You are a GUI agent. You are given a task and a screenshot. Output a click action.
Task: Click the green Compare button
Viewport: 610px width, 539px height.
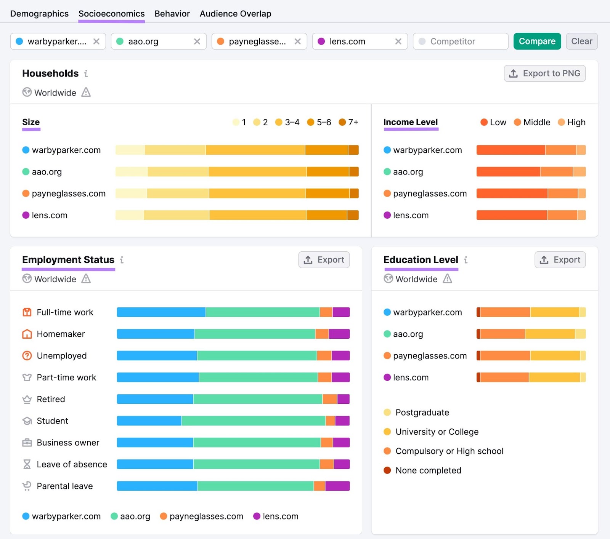pos(537,41)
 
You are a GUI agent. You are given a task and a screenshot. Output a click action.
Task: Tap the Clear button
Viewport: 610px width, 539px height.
pos(581,41)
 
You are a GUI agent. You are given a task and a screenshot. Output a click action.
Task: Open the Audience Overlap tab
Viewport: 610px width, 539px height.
pos(235,14)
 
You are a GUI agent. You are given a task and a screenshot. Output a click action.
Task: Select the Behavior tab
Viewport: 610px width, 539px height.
pos(172,14)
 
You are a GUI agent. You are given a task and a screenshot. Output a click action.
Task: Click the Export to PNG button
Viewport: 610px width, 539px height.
pos(544,73)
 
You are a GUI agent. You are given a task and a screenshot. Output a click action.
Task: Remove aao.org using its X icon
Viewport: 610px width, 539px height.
pos(197,42)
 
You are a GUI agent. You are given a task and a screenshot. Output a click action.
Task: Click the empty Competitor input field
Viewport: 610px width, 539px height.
pos(460,42)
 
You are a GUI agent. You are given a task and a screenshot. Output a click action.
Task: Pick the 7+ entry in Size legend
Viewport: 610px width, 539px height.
pos(348,122)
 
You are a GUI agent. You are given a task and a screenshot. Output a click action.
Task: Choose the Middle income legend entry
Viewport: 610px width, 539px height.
pos(532,122)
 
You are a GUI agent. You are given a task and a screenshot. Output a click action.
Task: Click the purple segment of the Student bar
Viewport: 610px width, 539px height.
pos(342,421)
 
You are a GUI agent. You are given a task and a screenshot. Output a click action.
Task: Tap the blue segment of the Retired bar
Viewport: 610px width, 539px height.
pos(155,399)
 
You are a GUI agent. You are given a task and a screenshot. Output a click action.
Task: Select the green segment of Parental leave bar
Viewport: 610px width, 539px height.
pos(255,486)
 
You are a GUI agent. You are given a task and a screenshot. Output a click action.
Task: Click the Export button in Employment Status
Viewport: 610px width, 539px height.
pos(324,260)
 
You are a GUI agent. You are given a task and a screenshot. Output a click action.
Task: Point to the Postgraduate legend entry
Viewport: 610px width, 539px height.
pos(422,413)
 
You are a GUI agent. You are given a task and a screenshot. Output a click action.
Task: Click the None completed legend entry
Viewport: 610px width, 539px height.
pos(428,470)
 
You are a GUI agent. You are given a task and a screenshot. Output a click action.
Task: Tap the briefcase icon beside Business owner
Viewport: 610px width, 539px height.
pos(27,443)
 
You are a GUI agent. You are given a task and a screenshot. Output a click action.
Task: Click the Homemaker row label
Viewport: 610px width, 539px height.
pos(61,334)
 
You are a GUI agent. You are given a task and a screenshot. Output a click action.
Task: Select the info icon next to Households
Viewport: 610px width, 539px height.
pos(86,74)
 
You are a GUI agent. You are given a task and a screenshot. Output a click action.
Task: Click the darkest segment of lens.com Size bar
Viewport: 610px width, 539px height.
pos(353,215)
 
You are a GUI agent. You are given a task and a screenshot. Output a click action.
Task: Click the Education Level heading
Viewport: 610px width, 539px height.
pos(421,260)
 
